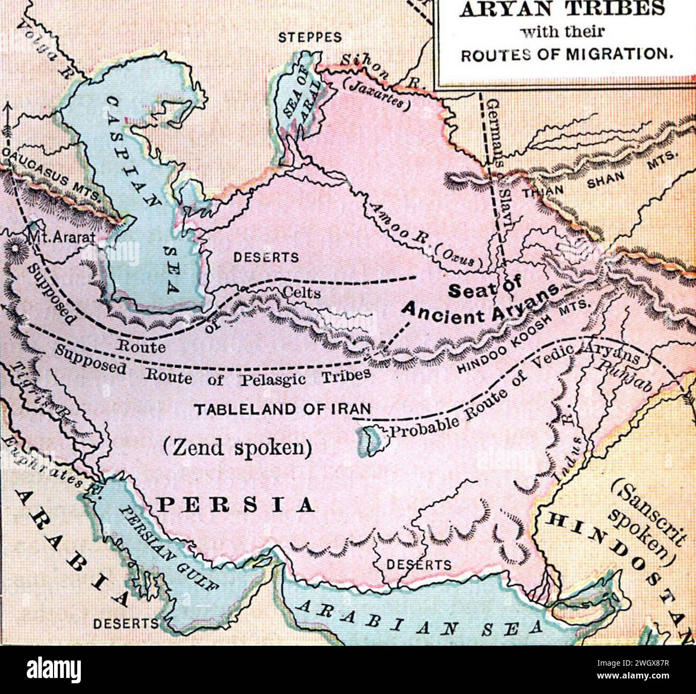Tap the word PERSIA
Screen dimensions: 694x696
(x=235, y=505)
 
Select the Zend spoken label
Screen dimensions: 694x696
(x=238, y=447)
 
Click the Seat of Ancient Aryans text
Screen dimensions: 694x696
(x=482, y=300)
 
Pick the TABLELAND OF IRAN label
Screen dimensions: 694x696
(x=282, y=409)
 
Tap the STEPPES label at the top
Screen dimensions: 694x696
(x=309, y=37)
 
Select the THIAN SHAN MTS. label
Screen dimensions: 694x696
(x=600, y=179)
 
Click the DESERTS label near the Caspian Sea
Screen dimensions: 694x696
(x=266, y=257)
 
